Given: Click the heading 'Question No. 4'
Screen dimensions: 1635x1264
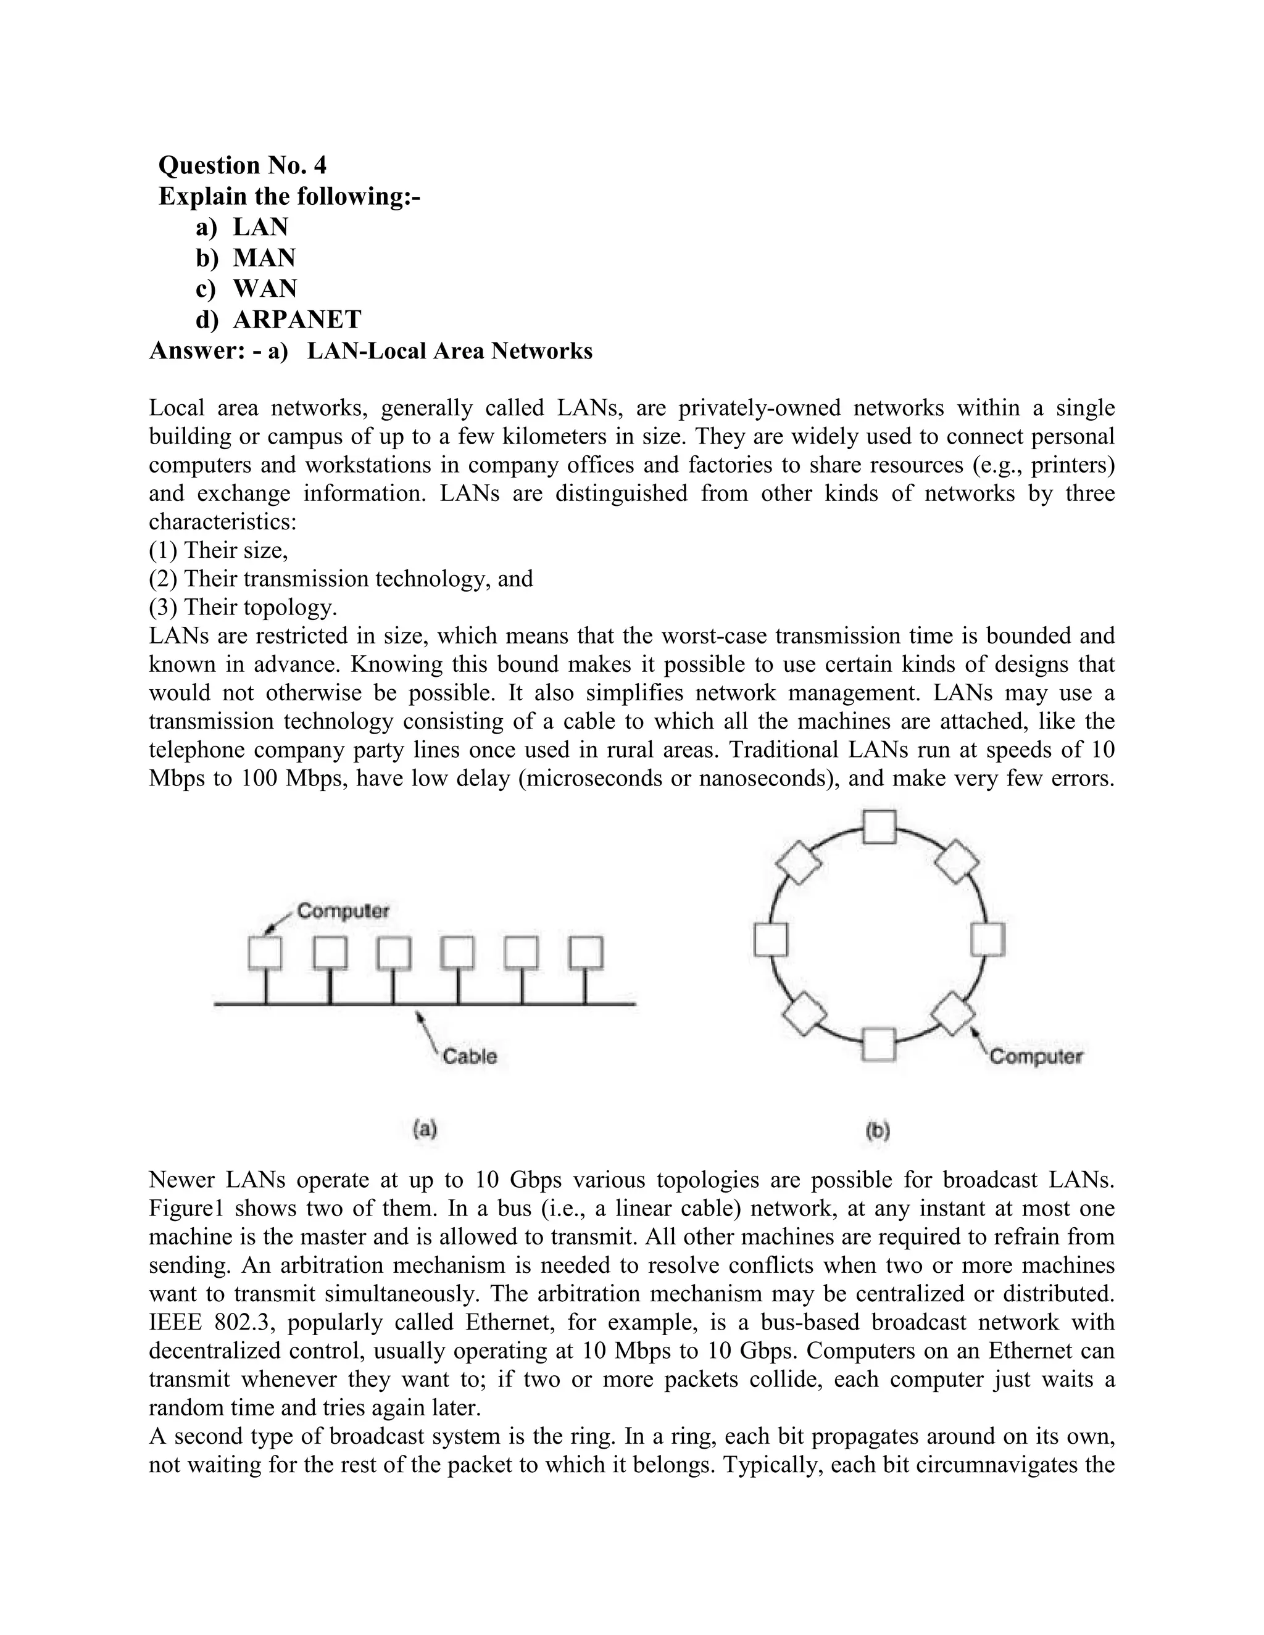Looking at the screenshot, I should tap(243, 165).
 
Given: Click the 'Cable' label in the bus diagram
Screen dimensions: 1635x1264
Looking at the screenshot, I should tap(470, 1056).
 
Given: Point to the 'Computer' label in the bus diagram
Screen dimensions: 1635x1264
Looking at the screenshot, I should tap(343, 911).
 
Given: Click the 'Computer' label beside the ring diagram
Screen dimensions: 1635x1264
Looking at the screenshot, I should tap(1036, 1056).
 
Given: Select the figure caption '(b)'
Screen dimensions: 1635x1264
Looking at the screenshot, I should tap(878, 1130).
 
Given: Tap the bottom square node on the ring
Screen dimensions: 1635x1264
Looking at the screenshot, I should tap(878, 1045).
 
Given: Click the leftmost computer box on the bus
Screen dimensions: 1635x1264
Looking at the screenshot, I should tap(265, 953).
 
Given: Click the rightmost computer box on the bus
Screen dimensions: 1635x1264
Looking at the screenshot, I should tap(586, 953).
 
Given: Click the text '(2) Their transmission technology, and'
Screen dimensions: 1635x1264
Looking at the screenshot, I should tap(341, 579).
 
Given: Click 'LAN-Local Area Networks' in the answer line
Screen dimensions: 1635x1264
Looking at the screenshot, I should tap(449, 351).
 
